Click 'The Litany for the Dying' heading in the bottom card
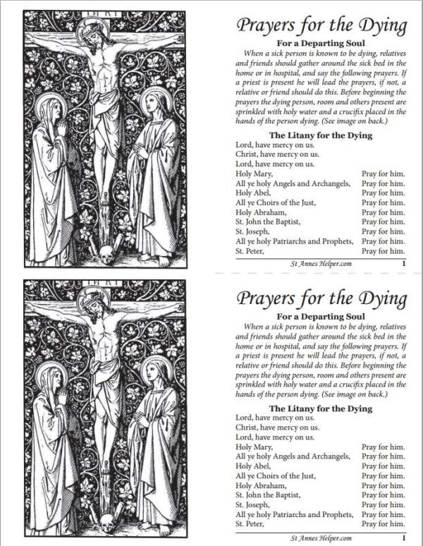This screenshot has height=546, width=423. click(x=321, y=408)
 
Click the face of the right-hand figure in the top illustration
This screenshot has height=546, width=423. click(x=153, y=104)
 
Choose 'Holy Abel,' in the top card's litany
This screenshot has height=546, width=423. click(x=253, y=193)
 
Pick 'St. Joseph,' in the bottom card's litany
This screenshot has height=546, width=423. click(x=255, y=504)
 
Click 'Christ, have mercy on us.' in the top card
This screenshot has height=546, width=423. click(x=277, y=154)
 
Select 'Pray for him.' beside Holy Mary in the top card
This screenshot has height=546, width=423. click(x=383, y=174)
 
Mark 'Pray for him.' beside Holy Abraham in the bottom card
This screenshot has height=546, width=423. click(x=383, y=485)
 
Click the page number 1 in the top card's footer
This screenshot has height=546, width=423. click(x=402, y=264)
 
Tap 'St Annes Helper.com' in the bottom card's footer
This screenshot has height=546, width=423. click(x=321, y=538)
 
